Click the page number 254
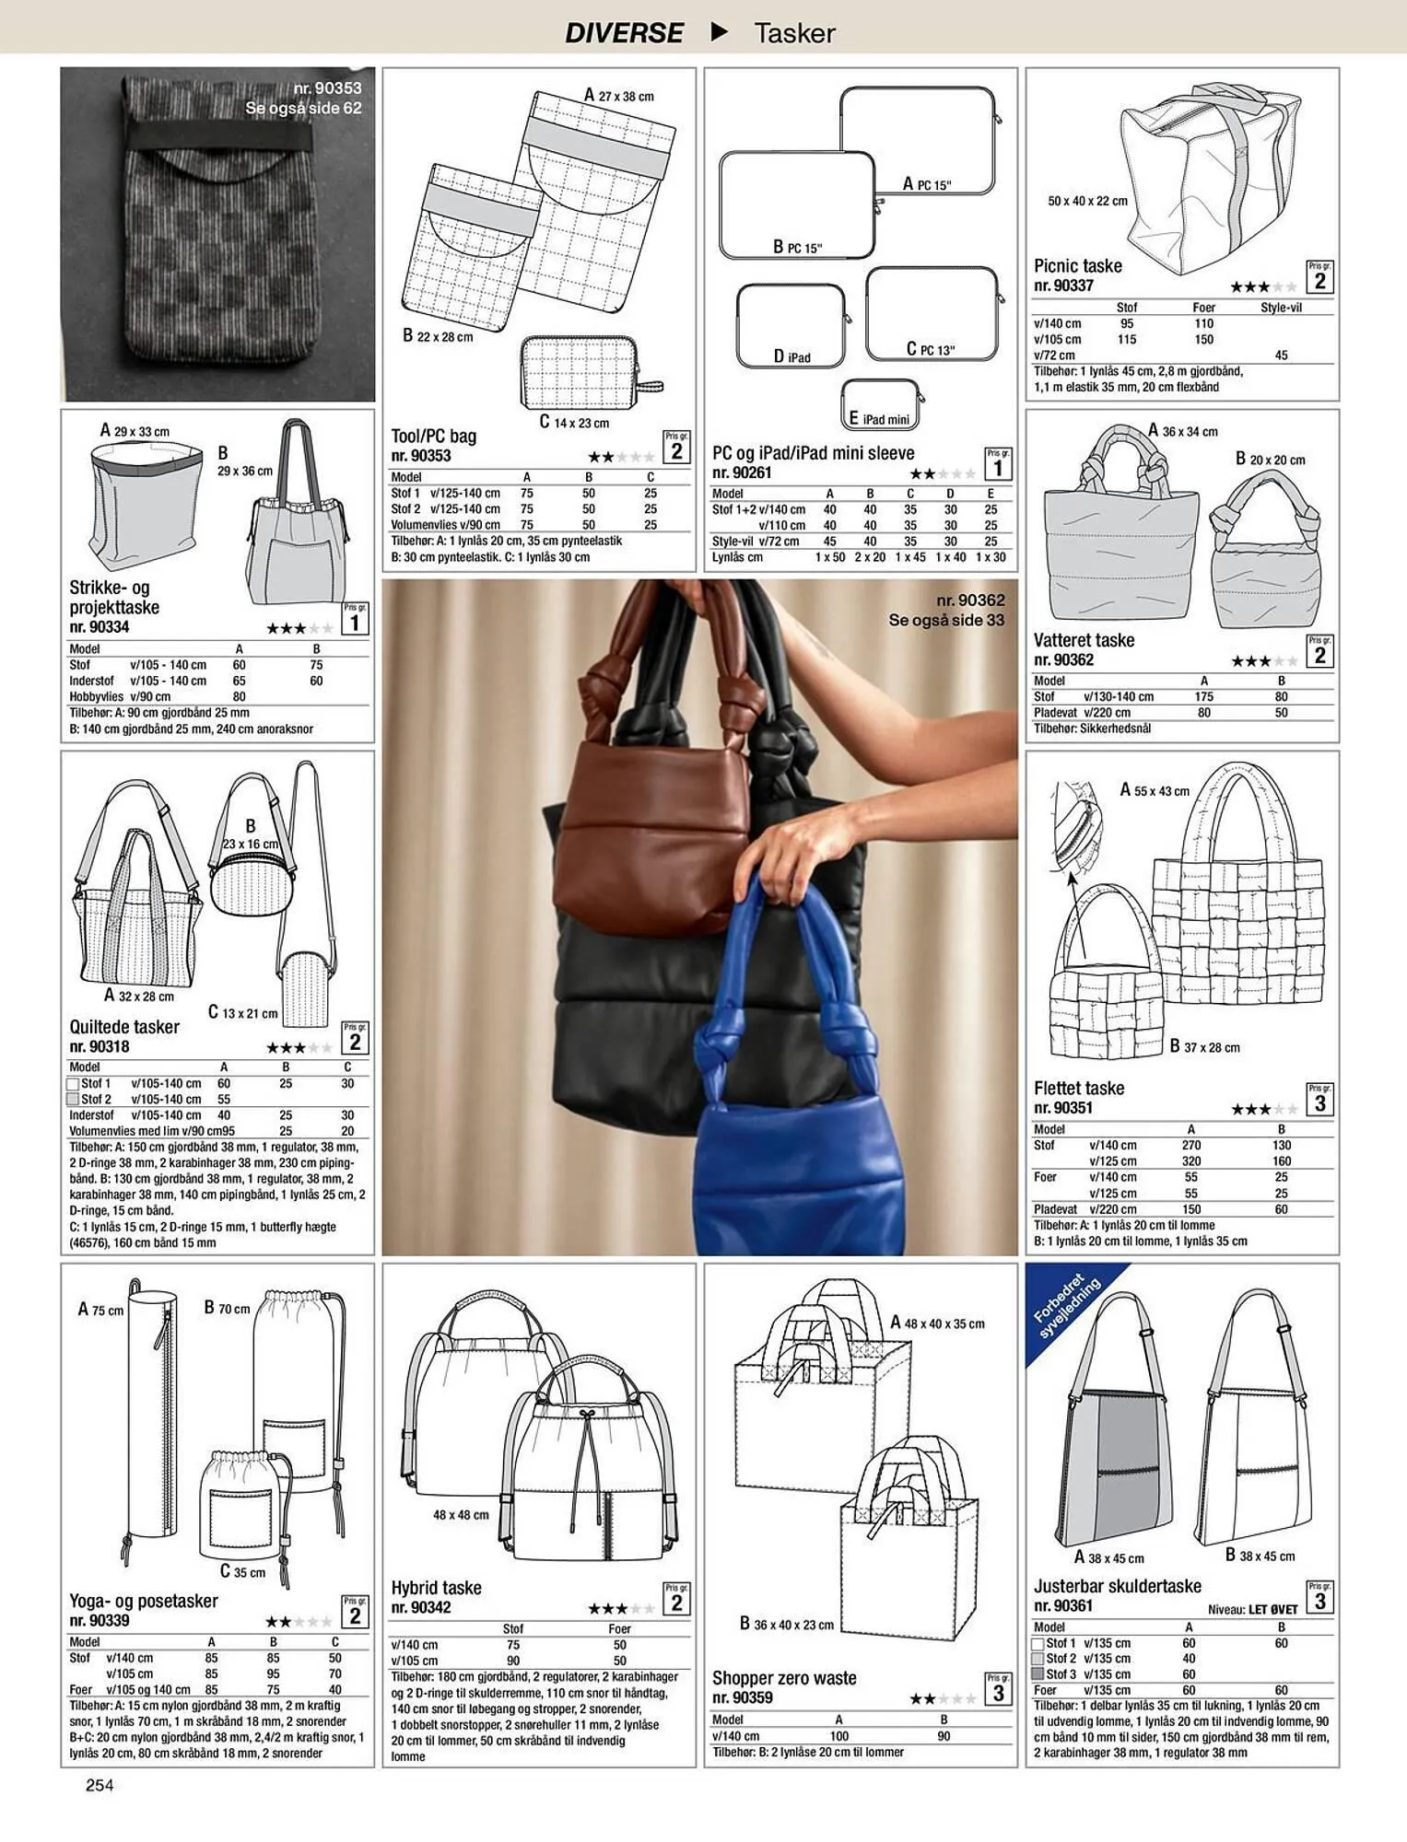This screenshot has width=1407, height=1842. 100,1785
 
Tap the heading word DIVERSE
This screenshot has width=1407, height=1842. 624,33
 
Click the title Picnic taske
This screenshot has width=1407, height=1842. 1077,265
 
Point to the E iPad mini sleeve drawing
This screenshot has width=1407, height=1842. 881,404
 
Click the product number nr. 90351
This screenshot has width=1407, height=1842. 1062,1108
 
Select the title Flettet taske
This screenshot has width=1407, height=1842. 1079,1088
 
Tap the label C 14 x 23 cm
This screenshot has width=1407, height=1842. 574,422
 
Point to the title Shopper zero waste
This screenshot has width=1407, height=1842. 784,1678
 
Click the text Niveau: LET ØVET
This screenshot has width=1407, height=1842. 1252,1610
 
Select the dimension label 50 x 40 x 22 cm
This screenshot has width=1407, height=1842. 1087,201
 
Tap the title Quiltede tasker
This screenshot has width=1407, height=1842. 124,1027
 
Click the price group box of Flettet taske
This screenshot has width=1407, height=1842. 1319,1100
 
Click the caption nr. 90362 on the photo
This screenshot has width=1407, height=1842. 970,600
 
